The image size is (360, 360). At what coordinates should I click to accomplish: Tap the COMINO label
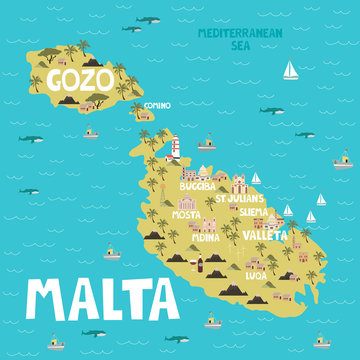(x=157, y=104)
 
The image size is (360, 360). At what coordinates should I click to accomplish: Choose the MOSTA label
(x=185, y=214)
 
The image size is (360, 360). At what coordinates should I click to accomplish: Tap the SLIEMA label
(x=260, y=213)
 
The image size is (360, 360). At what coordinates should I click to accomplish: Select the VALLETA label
(x=266, y=236)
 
